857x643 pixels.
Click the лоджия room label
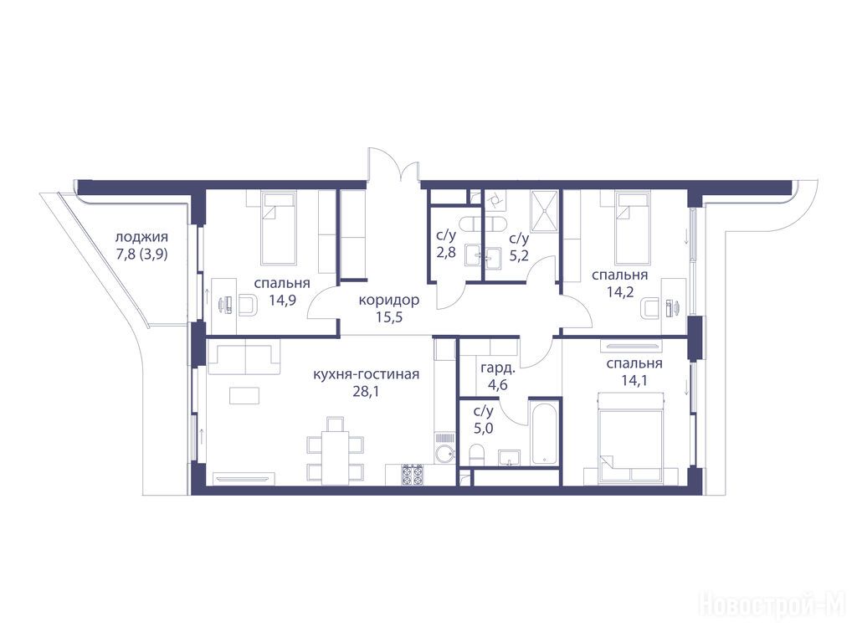pos(141,238)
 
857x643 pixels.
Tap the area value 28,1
pos(366,392)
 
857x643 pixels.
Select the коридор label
pos(389,300)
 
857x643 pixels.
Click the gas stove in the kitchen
pos(413,475)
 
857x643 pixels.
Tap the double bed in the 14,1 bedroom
pos(631,438)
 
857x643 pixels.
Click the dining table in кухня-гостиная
pos(335,458)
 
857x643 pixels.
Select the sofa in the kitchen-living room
pos(244,358)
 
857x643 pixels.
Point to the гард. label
pos(498,368)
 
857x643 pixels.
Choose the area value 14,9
pos(282,300)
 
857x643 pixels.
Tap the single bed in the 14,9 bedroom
pos(278,228)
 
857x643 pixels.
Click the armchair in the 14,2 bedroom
pos(650,308)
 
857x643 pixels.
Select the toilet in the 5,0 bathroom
pos(478,455)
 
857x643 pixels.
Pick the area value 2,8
pos(446,254)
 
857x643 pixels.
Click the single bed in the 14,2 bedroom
pos(633,228)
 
